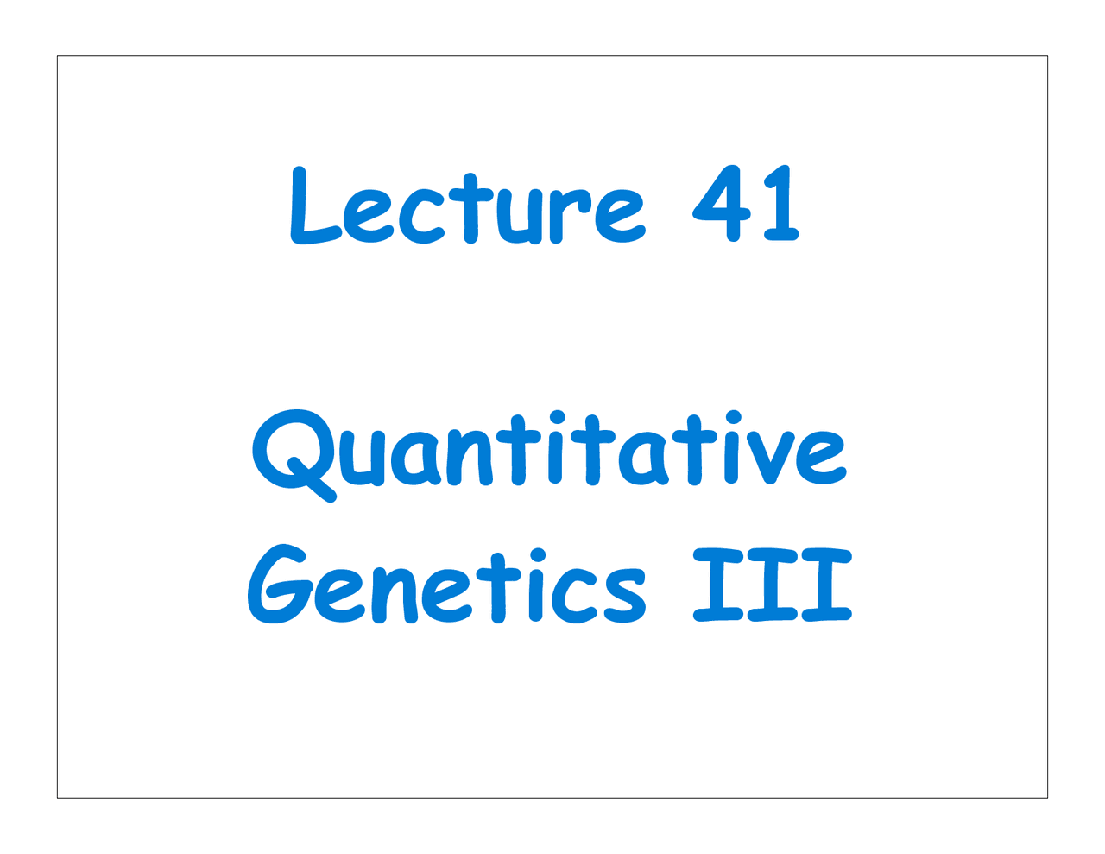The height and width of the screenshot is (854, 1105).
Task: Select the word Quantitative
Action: tap(549, 453)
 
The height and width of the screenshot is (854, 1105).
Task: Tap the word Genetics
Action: tap(447, 587)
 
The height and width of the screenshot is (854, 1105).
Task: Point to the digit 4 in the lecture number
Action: tap(723, 204)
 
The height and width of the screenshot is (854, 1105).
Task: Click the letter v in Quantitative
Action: tap(770, 458)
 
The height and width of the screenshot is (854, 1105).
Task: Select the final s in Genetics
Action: tap(625, 596)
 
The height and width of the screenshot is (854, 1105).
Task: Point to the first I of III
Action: tap(717, 585)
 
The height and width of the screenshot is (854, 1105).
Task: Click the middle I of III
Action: tap(772, 585)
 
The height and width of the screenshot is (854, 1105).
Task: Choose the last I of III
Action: tap(826, 585)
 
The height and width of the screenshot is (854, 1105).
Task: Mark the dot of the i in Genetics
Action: tap(537, 554)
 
